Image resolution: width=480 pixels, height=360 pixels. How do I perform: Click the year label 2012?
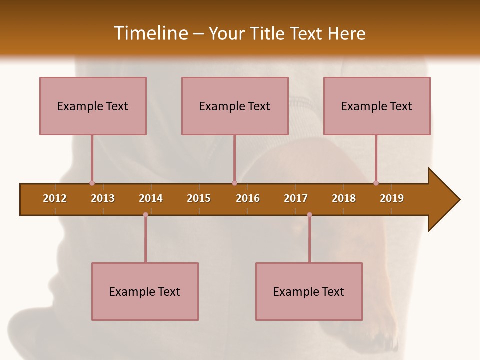[x=55, y=198]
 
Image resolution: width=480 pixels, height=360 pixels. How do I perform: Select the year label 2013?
[x=103, y=198]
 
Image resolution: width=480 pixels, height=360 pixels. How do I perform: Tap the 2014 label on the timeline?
[x=151, y=198]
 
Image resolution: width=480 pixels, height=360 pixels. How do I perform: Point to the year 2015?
[x=199, y=198]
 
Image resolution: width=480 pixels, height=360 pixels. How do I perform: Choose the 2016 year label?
[x=248, y=198]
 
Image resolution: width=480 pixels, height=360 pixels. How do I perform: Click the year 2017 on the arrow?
[x=296, y=198]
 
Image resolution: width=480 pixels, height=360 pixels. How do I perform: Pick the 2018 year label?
[x=344, y=198]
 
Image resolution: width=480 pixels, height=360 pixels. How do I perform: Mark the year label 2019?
[x=392, y=198]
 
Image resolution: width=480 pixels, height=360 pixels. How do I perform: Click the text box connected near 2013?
[x=93, y=106]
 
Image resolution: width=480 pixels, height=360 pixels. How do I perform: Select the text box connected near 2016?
[x=235, y=106]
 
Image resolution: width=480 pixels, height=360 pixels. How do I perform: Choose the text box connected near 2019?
[x=377, y=106]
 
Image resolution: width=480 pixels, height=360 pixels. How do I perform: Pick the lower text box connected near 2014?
[x=145, y=291]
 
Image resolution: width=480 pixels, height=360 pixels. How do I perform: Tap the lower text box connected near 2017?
[x=309, y=291]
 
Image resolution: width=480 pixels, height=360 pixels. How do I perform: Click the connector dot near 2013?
[x=92, y=183]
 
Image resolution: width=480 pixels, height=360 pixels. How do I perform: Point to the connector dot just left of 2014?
[x=145, y=214]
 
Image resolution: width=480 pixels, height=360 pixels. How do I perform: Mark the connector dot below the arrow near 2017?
[x=309, y=214]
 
